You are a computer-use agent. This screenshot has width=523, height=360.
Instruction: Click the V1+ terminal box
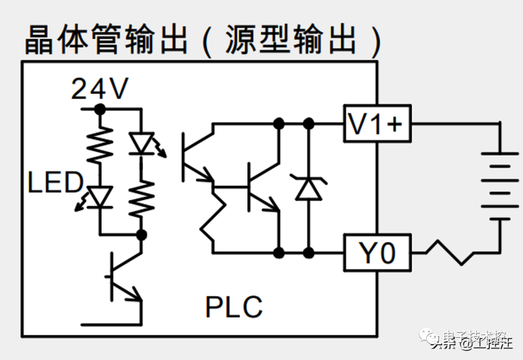[377, 124]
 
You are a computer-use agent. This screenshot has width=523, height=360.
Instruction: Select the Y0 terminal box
[377, 253]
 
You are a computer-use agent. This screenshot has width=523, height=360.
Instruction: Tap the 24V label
[100, 89]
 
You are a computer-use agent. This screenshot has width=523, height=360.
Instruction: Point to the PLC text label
[234, 306]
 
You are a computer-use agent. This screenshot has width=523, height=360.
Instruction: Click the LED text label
[55, 182]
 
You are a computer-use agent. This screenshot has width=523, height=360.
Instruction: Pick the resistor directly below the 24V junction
[100, 144]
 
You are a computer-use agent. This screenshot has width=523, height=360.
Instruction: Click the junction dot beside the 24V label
[100, 109]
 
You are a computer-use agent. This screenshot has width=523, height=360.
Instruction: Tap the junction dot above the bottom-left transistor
[141, 235]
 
